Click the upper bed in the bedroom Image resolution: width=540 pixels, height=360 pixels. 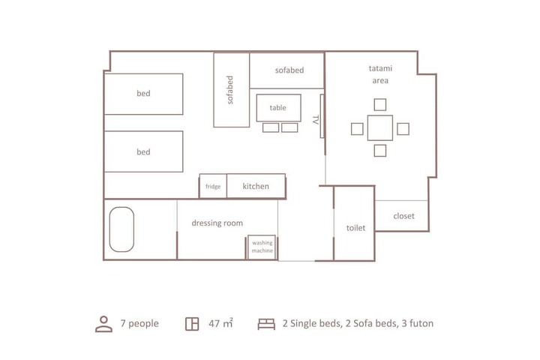click(x=143, y=94)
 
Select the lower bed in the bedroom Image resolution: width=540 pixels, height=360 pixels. click(x=143, y=151)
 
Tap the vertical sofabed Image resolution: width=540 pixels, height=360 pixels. click(x=231, y=90)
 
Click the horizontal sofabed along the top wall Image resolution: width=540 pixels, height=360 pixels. click(x=287, y=70)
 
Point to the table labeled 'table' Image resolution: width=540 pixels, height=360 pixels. click(x=278, y=107)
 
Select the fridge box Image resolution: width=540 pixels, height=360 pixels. click(x=213, y=187)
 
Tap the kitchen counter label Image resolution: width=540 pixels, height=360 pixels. click(x=256, y=186)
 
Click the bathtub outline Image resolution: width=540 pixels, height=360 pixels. click(x=121, y=229)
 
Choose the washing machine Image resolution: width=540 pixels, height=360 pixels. click(x=262, y=247)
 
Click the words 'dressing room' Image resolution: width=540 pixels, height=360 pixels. click(x=217, y=223)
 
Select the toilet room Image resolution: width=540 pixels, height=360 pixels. click(x=355, y=226)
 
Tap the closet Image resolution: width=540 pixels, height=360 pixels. click(x=403, y=216)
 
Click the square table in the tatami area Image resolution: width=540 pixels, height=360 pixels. click(x=380, y=128)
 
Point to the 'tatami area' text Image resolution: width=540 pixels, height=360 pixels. click(x=380, y=73)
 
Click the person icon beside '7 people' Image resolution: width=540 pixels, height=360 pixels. click(x=103, y=324)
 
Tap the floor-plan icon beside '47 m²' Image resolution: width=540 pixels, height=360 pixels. click(x=192, y=324)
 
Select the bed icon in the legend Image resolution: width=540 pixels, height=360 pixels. click(x=266, y=324)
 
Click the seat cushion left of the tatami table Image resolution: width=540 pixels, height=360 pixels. click(x=357, y=128)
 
